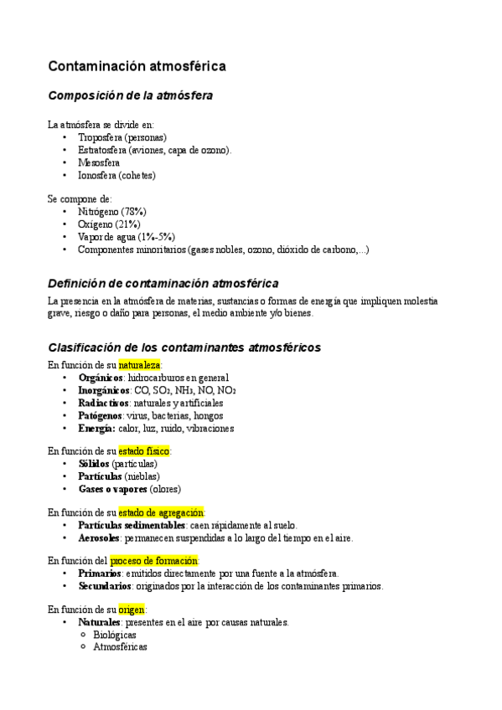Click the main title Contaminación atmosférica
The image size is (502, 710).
point(137,65)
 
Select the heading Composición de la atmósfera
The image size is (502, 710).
point(130,95)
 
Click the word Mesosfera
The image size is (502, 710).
point(99,162)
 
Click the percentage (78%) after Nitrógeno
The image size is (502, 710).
point(134,212)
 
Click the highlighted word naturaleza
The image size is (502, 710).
point(139,365)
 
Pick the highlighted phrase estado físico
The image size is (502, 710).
point(144,450)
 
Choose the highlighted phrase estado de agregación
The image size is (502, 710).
point(161,512)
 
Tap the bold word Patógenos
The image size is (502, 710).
point(100,415)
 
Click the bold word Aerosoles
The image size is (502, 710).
point(99,538)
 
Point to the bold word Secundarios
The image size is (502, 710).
point(105,586)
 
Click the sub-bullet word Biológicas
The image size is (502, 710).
point(115,635)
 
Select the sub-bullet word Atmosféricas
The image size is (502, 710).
point(120,647)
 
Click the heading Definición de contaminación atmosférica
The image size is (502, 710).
point(163,284)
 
